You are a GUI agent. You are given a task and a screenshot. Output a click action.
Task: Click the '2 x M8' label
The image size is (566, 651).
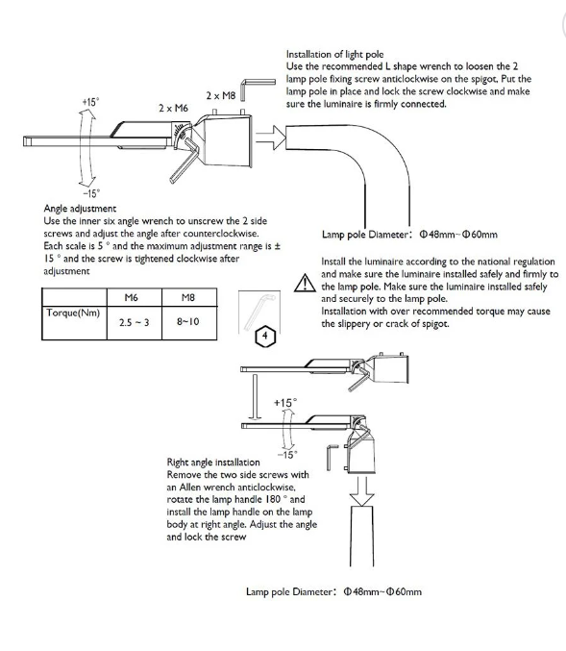221,95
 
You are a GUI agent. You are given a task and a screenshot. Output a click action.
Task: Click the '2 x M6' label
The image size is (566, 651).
173,108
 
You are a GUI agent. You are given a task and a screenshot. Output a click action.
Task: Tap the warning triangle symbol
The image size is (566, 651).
305,283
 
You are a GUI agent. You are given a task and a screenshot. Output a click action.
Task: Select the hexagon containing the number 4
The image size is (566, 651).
265,335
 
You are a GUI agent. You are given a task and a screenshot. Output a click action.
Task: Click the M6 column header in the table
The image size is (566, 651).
131,298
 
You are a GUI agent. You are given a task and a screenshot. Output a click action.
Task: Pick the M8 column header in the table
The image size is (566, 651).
188,298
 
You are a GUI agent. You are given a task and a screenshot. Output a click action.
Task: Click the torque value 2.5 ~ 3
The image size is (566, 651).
134,322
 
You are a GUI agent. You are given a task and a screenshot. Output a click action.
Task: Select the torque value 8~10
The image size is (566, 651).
188,321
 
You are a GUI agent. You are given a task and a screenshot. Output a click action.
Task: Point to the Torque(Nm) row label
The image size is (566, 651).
73,313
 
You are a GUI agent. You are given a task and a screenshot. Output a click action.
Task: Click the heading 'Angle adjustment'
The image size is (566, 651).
80,208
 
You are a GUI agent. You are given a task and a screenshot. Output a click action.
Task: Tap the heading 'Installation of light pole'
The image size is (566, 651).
334,55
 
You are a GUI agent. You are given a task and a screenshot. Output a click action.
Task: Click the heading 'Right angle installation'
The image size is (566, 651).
213,463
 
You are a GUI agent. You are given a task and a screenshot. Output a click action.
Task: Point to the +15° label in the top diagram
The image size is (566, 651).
90,102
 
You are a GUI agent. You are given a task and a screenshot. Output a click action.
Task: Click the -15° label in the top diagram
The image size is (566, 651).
91,193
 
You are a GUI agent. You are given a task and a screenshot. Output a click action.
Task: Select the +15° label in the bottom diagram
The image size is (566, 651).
285,403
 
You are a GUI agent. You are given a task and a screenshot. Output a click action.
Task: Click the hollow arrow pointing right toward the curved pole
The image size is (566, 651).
271,138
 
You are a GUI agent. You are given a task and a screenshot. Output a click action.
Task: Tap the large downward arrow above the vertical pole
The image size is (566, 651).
362,491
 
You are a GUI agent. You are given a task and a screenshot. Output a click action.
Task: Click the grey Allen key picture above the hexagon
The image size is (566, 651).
258,311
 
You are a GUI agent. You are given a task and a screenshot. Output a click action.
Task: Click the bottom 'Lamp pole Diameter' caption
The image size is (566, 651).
333,591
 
